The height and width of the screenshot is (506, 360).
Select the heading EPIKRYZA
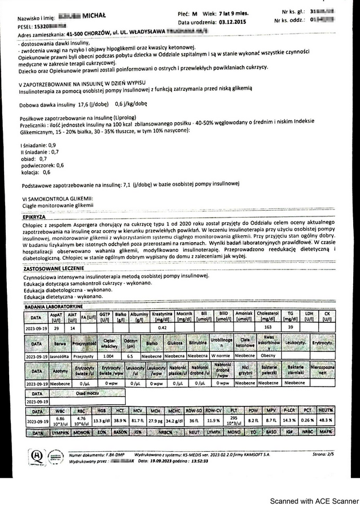[x=34, y=217]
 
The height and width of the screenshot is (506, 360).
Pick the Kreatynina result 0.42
[x=162, y=328]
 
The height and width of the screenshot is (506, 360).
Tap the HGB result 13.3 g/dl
[x=101, y=420]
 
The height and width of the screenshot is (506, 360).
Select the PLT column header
[x=233, y=411]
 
